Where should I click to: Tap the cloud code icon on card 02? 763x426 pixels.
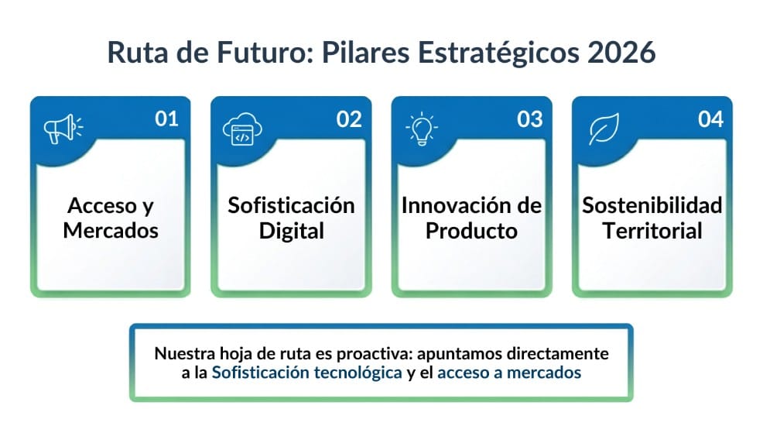coord(242,129)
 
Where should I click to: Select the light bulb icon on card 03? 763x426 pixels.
coord(422,129)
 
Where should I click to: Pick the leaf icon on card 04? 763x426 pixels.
coord(604,129)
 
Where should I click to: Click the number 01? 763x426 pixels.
coord(166,119)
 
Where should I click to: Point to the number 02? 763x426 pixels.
coord(349,119)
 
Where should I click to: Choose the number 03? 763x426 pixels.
coord(529,119)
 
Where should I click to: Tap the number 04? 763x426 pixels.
coord(710,119)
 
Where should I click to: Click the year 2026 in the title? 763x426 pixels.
coord(621,53)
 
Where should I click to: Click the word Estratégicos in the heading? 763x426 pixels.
coord(499,53)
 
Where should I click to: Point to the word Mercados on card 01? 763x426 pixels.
coord(111,230)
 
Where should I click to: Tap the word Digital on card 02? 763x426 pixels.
coord(292,232)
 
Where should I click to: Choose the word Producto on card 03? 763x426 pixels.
coord(471,231)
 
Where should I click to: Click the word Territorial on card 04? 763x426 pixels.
coord(652,230)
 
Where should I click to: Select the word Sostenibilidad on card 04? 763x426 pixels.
coord(652,205)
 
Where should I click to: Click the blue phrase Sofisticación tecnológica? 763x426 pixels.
coord(307,373)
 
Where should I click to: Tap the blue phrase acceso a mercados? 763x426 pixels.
coord(509,373)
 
